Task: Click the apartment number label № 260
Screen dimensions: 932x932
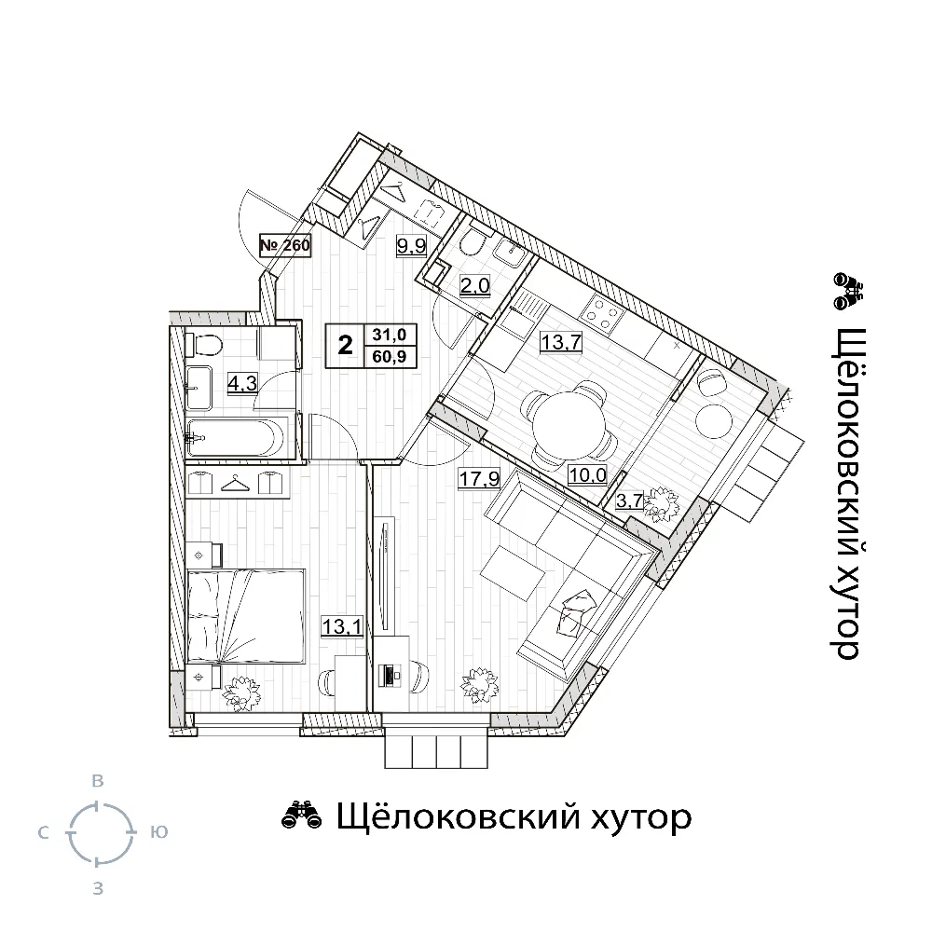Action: pyautogui.click(x=285, y=245)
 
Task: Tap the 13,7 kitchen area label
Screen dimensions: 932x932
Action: pyautogui.click(x=560, y=343)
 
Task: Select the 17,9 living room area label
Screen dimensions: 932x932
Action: pyautogui.click(x=479, y=478)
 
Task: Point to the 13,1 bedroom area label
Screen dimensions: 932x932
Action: pyautogui.click(x=342, y=626)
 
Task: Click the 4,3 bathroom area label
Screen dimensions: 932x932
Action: pyautogui.click(x=242, y=383)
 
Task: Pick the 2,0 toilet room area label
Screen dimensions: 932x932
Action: pyautogui.click(x=475, y=286)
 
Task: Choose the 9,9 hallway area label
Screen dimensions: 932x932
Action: pyautogui.click(x=412, y=245)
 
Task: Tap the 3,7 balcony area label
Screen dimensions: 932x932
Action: pyautogui.click(x=629, y=500)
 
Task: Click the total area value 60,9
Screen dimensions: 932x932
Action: pyautogui.click(x=390, y=357)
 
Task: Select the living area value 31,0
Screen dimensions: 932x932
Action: pyautogui.click(x=390, y=335)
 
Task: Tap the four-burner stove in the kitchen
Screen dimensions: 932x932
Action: pyautogui.click(x=600, y=313)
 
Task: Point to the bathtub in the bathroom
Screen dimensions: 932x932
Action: pyautogui.click(x=238, y=438)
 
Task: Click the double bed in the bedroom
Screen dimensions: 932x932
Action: pyautogui.click(x=245, y=616)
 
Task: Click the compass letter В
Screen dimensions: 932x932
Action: pyautogui.click(x=98, y=781)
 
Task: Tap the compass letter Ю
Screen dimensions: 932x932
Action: pyautogui.click(x=158, y=832)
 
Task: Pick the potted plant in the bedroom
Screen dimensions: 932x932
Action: pyautogui.click(x=242, y=693)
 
